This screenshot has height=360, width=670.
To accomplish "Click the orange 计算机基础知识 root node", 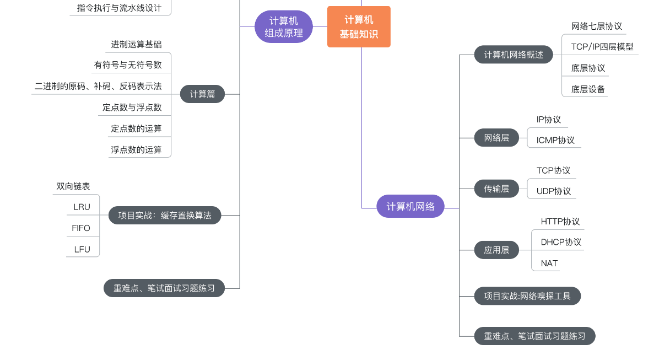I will (359, 27).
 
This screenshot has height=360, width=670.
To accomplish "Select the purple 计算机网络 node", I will (410, 206).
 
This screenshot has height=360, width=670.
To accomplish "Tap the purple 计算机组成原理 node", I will (284, 26).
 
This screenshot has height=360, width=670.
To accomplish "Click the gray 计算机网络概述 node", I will (514, 55).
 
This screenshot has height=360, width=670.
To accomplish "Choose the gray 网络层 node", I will (496, 138).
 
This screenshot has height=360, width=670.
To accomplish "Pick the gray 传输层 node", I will (496, 189).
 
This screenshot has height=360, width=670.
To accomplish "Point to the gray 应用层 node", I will (496, 250).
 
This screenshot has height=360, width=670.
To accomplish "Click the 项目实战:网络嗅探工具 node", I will (527, 296).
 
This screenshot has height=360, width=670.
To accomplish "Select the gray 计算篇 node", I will (202, 94).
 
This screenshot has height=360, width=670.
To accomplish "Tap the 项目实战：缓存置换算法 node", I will (165, 215).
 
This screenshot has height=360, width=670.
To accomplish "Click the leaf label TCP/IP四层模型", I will (602, 47).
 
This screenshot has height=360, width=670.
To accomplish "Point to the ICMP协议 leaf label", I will (555, 140).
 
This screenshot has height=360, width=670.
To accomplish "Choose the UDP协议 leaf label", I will (554, 191).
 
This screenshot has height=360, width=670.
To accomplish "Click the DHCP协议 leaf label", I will (561, 242).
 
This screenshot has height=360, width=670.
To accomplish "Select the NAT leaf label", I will (549, 263).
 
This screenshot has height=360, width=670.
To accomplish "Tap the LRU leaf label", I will (82, 207).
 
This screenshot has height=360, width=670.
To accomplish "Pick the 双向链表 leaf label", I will (73, 186).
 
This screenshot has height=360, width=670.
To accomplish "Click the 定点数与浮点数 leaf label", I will (132, 108).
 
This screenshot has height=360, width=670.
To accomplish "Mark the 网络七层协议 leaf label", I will (597, 26).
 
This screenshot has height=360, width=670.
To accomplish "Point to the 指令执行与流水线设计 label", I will (119, 8).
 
